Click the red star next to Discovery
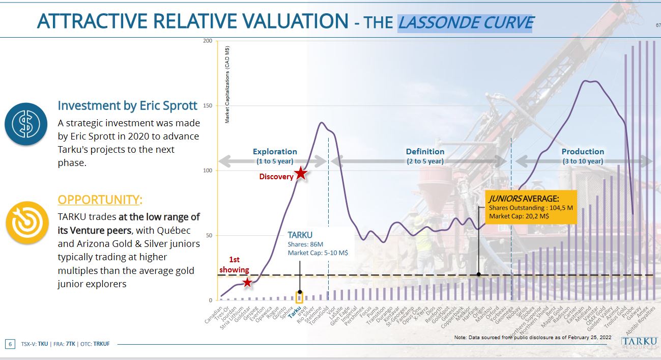point(301,174)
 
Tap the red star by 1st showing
point(247,282)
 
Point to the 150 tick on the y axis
point(208,106)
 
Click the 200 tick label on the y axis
point(208,41)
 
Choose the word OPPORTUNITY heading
point(100,200)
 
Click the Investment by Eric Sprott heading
point(127,105)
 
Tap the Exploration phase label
point(275,152)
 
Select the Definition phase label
point(425,152)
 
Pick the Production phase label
point(583,152)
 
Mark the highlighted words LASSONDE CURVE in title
point(465,23)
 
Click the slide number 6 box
point(10,344)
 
